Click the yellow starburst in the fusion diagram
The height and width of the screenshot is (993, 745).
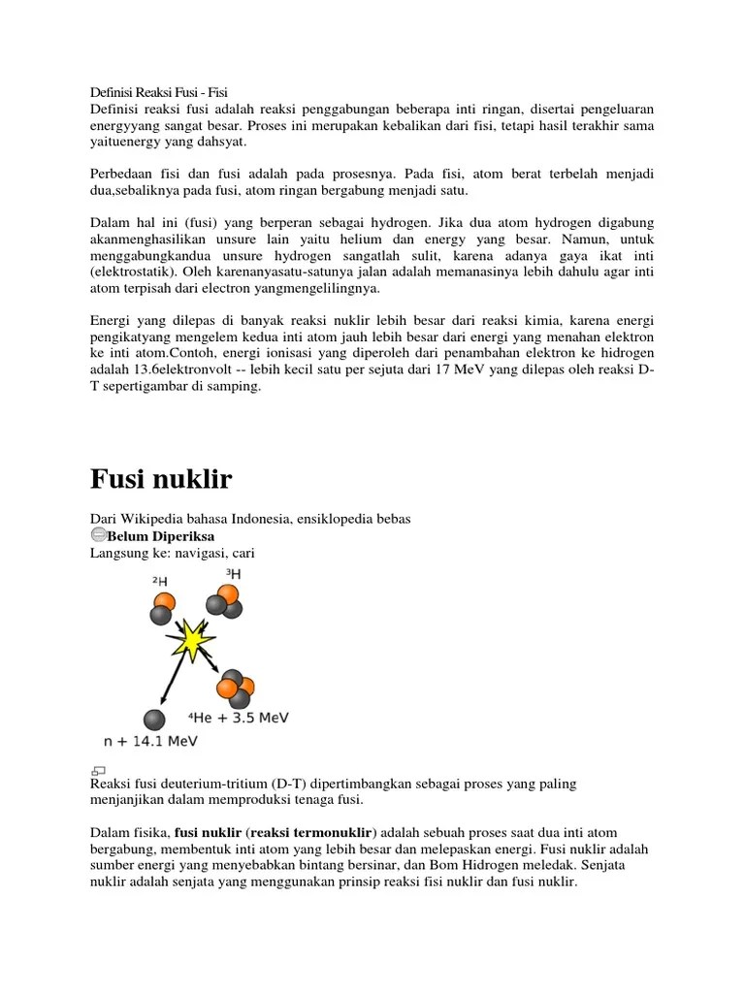coord(190,641)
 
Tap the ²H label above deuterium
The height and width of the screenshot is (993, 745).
coord(159,581)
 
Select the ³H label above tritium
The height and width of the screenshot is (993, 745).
coord(233,574)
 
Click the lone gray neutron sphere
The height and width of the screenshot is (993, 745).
coord(154,719)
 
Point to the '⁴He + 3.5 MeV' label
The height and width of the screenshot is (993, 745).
coord(239,719)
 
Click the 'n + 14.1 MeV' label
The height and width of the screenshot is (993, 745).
coord(150,742)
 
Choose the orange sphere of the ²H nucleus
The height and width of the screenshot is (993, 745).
coord(164,603)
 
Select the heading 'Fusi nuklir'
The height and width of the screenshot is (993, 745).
coord(161,479)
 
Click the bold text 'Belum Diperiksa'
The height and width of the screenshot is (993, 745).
coord(161,536)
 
